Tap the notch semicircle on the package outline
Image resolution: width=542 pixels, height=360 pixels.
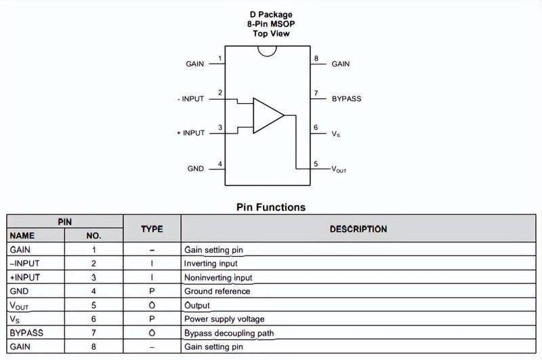click(267, 54)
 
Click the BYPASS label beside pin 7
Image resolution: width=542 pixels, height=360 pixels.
click(346, 98)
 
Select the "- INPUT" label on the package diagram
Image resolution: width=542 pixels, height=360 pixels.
click(191, 99)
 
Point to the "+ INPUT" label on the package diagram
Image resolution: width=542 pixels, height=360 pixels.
click(191, 133)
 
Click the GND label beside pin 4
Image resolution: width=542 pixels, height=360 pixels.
click(195, 168)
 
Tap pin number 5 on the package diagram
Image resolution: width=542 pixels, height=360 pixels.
click(316, 164)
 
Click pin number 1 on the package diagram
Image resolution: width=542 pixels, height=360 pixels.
click(220, 59)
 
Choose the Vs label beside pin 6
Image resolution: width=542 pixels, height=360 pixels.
click(335, 134)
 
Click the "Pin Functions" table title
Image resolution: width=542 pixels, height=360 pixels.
click(271, 207)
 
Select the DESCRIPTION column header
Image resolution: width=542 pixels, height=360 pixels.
click(358, 229)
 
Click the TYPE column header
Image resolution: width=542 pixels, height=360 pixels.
click(152, 229)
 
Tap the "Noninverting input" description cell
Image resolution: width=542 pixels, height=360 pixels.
click(218, 278)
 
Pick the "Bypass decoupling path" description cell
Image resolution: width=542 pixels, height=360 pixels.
click(229, 333)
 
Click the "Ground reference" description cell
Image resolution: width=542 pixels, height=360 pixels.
click(217, 291)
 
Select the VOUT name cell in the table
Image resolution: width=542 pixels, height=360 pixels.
click(19, 306)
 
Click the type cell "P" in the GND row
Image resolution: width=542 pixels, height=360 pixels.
click(152, 291)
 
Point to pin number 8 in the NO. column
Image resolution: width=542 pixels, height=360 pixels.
click(93, 346)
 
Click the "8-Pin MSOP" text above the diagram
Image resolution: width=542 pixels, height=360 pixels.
click(271, 24)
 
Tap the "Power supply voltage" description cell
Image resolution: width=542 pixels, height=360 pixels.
click(224, 319)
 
